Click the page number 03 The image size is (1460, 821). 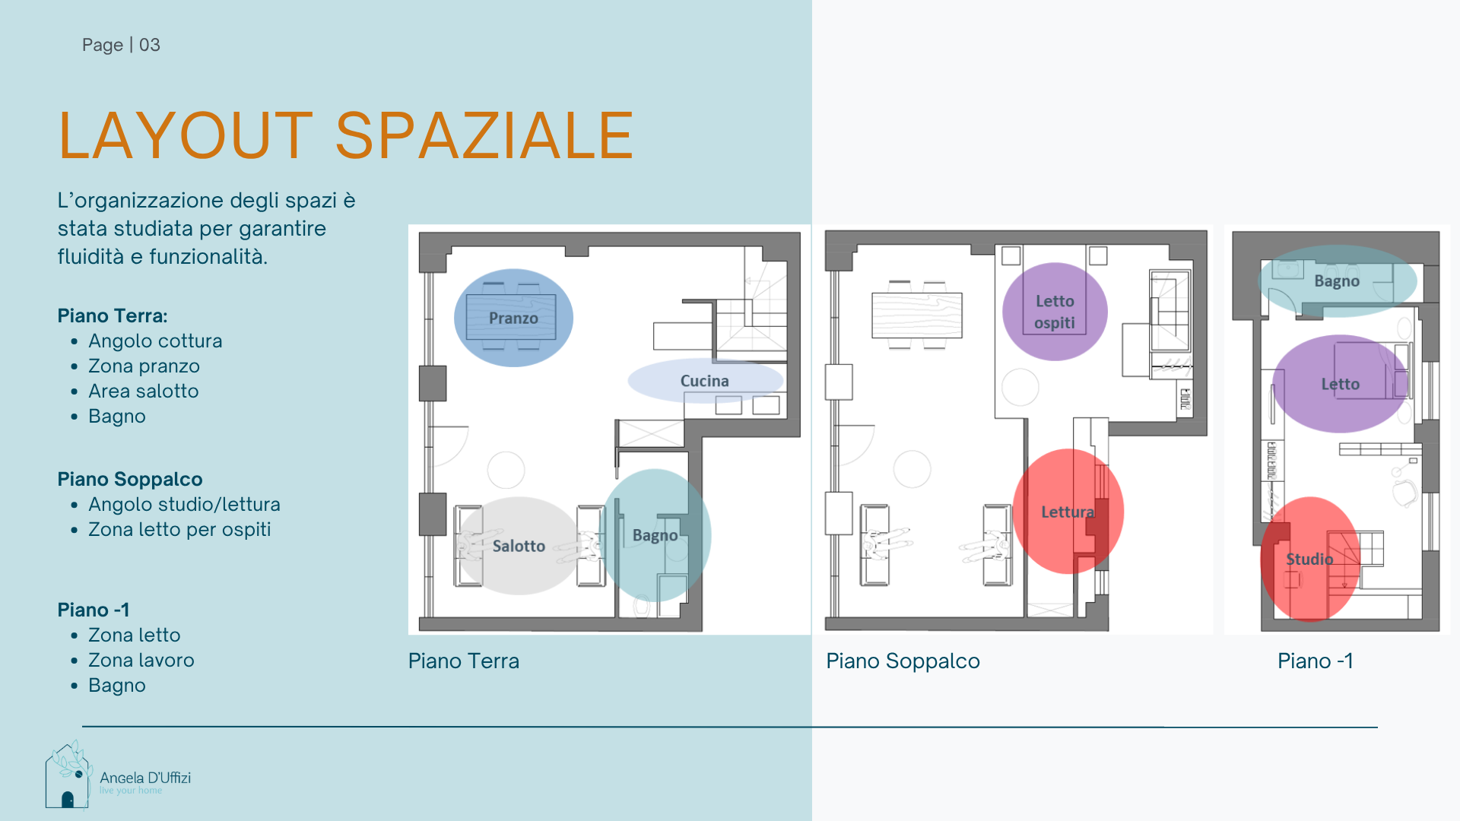point(150,45)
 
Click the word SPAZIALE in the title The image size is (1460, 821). point(484,136)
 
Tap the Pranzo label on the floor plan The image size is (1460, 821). point(513,318)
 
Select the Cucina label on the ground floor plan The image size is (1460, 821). point(704,381)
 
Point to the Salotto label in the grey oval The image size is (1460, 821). point(519,546)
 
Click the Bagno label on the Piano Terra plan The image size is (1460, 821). point(655,535)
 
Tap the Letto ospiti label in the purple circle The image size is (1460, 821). point(1055,312)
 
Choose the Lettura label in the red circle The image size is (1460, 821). point(1068,512)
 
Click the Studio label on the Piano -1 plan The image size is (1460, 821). point(1309,559)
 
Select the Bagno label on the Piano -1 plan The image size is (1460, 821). point(1337,281)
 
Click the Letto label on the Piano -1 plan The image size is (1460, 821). point(1340,384)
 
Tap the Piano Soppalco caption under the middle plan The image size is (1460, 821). point(903,661)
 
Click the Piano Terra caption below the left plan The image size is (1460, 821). point(464,661)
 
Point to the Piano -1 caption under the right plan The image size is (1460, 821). point(1316,661)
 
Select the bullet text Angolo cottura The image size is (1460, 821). point(155,341)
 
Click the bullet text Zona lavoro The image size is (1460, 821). point(141,660)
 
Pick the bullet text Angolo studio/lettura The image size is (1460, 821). point(184,504)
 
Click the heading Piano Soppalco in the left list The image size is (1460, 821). point(130,479)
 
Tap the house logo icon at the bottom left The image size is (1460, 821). point(68,775)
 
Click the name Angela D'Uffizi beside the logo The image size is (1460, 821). point(145,778)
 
